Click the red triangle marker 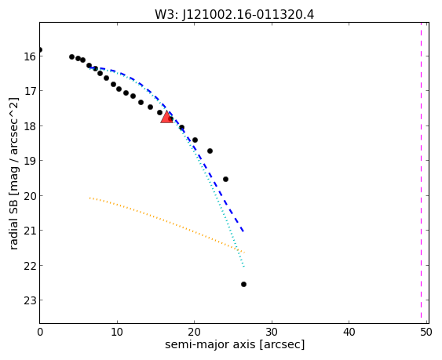(x=167, y=118)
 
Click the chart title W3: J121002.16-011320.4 (x=234, y=15)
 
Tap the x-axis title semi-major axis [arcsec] (x=235, y=344)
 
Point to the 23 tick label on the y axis (x=30, y=300)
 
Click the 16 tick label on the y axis (x=30, y=56)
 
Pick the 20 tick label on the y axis (x=30, y=196)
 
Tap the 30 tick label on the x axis (x=272, y=333)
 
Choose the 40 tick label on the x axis (x=349, y=333)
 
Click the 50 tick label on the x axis (x=426, y=333)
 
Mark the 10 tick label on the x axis (x=117, y=333)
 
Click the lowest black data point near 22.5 (x=243, y=284)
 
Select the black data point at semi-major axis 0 (x=40, y=50)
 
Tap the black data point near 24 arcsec (x=225, y=179)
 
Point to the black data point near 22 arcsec (x=210, y=151)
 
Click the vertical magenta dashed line (x=421, y=173)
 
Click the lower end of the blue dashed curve (x=243, y=231)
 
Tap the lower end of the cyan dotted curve (x=244, y=266)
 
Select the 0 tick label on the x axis (x=40, y=333)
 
